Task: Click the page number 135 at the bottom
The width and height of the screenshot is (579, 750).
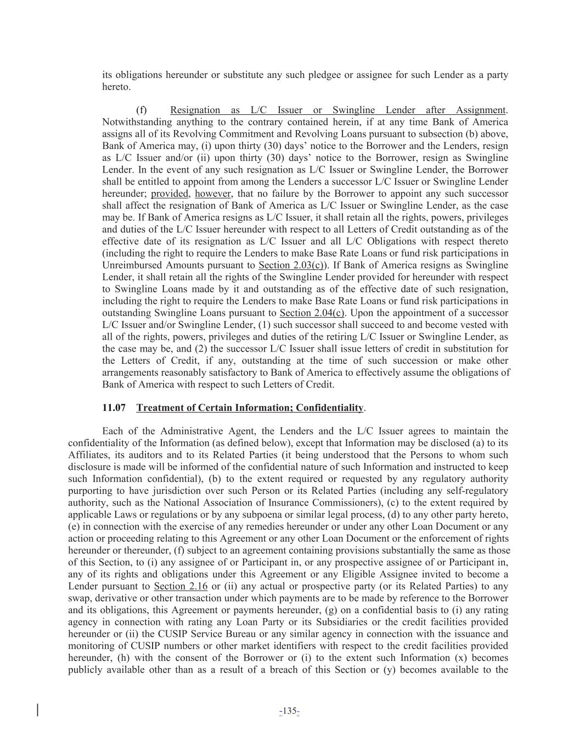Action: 289,712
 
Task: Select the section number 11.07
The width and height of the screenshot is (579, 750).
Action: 114,408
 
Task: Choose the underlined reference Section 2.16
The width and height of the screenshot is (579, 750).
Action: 181,586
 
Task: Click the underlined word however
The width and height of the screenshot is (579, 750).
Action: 213,193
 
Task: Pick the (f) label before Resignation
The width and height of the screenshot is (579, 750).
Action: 142,110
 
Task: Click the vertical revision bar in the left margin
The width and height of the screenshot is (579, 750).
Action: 37,710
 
